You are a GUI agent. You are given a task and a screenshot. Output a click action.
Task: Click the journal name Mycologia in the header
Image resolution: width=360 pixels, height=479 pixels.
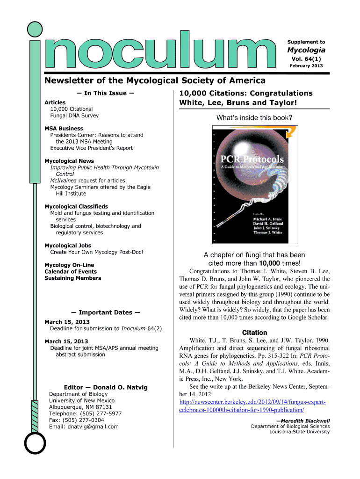(306, 50)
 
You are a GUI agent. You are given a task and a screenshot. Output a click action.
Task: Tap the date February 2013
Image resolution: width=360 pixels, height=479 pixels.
(307, 65)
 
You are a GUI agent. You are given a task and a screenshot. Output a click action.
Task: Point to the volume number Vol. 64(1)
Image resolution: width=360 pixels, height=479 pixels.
(306, 58)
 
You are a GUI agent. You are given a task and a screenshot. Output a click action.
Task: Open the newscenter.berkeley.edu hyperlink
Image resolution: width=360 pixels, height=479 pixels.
(252, 406)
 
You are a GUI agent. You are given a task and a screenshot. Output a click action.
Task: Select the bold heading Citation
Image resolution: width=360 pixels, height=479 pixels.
(254, 333)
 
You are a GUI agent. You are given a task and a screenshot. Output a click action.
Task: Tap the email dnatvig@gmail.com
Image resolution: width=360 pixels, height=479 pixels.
(84, 427)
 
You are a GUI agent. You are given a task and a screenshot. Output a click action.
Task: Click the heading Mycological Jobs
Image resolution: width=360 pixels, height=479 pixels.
(68, 246)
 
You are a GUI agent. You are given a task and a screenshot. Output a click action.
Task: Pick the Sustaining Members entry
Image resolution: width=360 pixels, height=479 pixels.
(72, 278)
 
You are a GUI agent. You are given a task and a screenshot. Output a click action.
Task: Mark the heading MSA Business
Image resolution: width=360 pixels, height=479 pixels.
(64, 129)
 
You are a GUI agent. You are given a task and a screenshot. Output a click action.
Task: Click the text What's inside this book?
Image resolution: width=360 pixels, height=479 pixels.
(254, 118)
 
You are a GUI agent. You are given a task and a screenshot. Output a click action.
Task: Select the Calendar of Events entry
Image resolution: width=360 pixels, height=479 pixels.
(71, 272)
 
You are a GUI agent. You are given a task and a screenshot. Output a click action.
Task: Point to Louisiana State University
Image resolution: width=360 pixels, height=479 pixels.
(299, 432)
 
